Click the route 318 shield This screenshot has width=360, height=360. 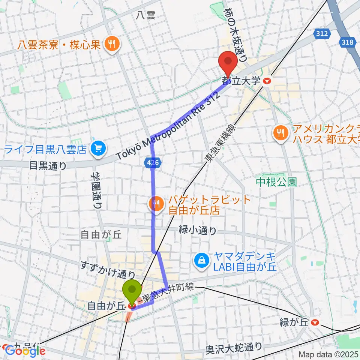pyautogui.click(x=347, y=42)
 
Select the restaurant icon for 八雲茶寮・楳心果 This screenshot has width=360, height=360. pyautogui.click(x=111, y=45)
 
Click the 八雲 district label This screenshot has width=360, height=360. pyautogui.click(x=145, y=15)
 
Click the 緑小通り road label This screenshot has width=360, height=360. pyautogui.click(x=197, y=231)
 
